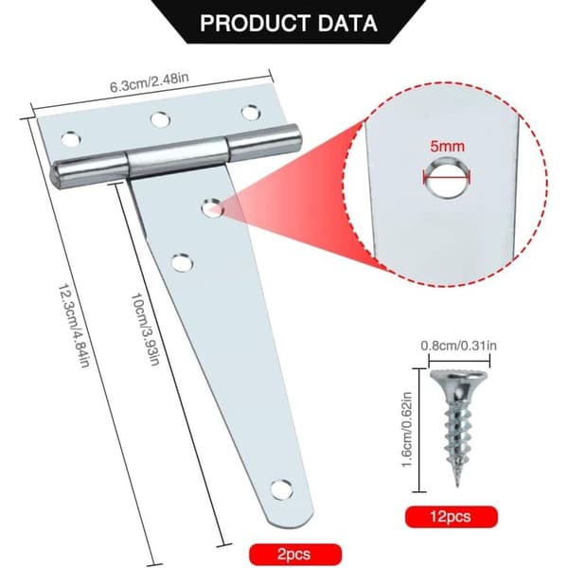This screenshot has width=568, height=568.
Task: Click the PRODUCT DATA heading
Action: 289,23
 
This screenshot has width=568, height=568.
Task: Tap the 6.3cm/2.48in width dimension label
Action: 150,82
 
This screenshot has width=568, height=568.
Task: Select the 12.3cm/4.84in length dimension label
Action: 74,326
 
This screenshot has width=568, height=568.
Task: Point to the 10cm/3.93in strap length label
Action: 145,328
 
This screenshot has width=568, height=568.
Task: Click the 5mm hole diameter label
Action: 448,147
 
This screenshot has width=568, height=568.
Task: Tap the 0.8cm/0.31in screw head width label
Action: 458,346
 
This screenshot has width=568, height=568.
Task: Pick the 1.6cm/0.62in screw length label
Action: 407,430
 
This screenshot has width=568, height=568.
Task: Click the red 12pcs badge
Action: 451,517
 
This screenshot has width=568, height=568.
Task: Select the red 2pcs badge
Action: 294,554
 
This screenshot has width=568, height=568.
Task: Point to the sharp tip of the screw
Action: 458,484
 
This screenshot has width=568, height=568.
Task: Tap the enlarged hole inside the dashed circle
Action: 448,178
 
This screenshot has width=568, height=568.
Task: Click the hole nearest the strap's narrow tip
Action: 281,489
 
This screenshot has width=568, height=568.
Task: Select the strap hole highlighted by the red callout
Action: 212,208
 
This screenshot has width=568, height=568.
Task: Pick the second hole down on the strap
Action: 182,263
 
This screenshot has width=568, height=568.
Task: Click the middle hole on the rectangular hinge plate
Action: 161,120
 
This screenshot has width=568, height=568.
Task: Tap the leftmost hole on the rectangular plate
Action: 71,139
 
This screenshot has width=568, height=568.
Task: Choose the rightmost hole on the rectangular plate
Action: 251,113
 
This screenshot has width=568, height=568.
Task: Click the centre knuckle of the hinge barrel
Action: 178,159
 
